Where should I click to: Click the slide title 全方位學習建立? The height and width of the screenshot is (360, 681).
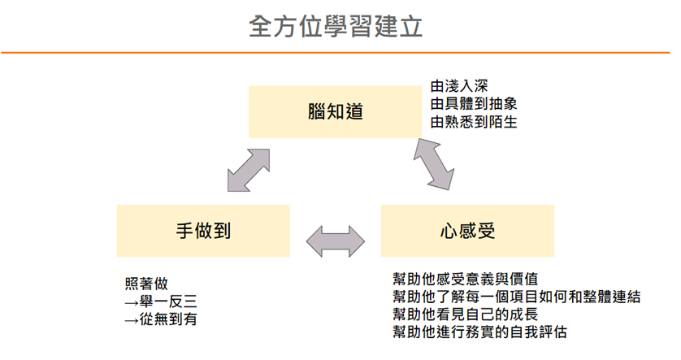click(x=336, y=27)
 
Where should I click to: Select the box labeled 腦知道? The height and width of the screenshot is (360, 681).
click(x=336, y=112)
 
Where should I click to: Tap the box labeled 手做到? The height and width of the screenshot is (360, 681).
click(x=203, y=231)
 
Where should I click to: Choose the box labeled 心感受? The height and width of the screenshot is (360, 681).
click(x=467, y=231)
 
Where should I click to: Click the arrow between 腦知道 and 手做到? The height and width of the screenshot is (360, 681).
click(x=249, y=170)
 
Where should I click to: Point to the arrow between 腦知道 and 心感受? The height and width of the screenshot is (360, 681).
click(x=434, y=164)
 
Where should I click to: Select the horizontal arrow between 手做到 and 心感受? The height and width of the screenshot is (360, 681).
click(x=336, y=241)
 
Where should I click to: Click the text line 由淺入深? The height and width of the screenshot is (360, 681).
click(x=459, y=86)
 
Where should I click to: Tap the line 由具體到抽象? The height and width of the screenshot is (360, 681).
click(x=474, y=104)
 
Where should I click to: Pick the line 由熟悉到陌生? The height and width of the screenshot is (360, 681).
click(x=474, y=122)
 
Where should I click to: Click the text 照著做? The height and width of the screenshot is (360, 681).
click(x=146, y=284)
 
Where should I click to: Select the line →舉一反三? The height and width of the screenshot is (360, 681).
click(x=161, y=301)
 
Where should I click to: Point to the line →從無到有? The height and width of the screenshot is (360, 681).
click(x=161, y=319)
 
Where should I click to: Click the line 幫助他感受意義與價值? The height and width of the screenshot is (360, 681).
click(x=466, y=279)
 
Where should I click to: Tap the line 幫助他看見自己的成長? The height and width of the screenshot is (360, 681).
click(x=466, y=314)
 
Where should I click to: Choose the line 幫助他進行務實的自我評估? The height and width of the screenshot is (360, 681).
click(x=480, y=332)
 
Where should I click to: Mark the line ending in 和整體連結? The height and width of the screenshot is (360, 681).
click(x=516, y=296)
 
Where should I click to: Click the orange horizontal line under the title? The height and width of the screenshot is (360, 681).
click(x=336, y=53)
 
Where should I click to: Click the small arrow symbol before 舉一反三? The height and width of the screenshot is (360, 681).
click(x=131, y=302)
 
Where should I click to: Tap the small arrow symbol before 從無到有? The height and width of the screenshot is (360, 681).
click(x=131, y=320)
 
